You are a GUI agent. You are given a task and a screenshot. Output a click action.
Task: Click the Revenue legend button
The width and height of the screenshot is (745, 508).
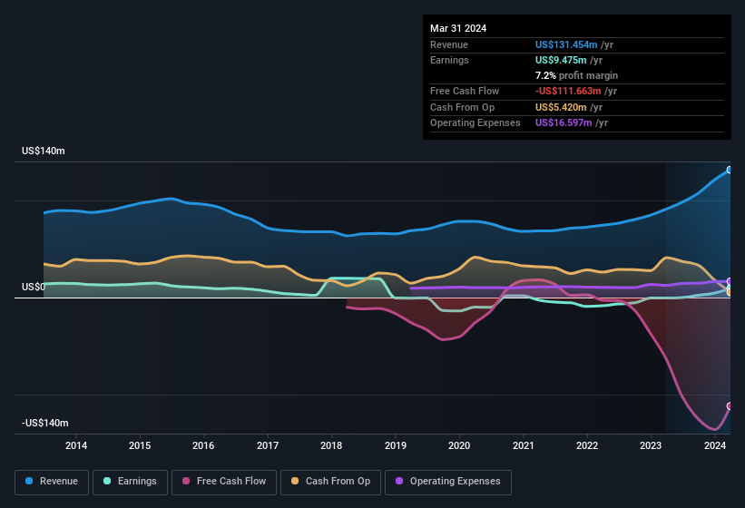tap(52, 482)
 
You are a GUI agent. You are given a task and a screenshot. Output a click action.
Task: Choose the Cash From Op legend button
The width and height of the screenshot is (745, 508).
tap(331, 482)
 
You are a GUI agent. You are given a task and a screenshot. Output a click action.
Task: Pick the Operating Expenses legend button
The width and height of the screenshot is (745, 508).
tap(448, 482)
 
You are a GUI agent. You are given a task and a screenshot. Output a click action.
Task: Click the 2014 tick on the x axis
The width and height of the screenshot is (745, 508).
tap(76, 445)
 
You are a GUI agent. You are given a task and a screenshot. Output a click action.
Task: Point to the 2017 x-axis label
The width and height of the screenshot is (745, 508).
tap(268, 445)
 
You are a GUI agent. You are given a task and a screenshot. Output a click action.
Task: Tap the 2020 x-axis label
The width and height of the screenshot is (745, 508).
tap(459, 445)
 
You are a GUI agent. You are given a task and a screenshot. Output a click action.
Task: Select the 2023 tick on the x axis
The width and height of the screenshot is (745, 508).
tap(651, 445)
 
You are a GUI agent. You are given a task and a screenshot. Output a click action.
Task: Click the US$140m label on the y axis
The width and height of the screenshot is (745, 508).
tap(44, 151)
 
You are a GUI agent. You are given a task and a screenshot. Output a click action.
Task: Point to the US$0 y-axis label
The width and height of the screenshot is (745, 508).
tap(34, 288)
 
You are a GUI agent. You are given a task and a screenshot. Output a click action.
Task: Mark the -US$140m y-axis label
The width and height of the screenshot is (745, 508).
tap(45, 424)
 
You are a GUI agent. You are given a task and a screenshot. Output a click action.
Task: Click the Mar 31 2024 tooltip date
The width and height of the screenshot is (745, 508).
tap(458, 28)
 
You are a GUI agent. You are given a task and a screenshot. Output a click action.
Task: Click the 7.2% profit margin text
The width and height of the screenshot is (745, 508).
tap(576, 75)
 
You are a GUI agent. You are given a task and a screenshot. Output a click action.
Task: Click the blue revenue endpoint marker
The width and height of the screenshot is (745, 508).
tap(730, 170)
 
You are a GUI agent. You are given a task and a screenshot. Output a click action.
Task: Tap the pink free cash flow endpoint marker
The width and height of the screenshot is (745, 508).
tap(730, 406)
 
